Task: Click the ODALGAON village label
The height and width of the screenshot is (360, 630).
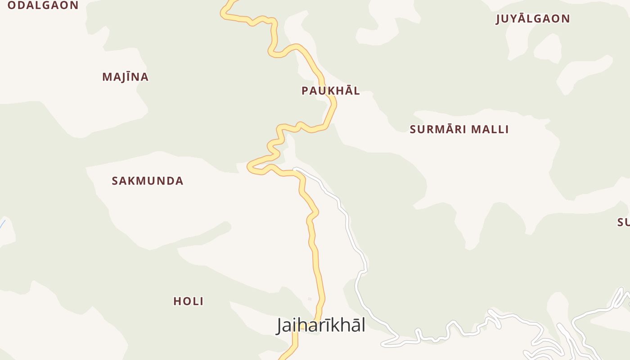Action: tap(43, 5)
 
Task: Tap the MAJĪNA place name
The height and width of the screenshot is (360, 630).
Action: tap(125, 77)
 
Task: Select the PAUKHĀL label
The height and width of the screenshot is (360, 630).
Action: tap(330, 91)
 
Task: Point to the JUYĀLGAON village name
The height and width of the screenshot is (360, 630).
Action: tap(533, 19)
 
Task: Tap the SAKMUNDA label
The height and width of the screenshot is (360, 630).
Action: tap(147, 181)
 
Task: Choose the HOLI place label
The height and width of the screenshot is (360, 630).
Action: tap(188, 301)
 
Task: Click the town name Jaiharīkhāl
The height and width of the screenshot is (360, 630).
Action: tap(320, 325)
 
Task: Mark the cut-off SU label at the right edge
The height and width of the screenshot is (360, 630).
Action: tap(623, 222)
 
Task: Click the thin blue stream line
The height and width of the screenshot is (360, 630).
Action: tap(2, 224)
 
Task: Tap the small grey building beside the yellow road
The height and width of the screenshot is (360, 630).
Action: tap(310, 299)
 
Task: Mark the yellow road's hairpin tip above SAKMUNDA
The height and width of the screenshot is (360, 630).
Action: tap(249, 167)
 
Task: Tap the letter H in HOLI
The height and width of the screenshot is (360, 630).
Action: tap(177, 301)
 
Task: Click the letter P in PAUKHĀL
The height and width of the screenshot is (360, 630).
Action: tap(305, 91)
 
